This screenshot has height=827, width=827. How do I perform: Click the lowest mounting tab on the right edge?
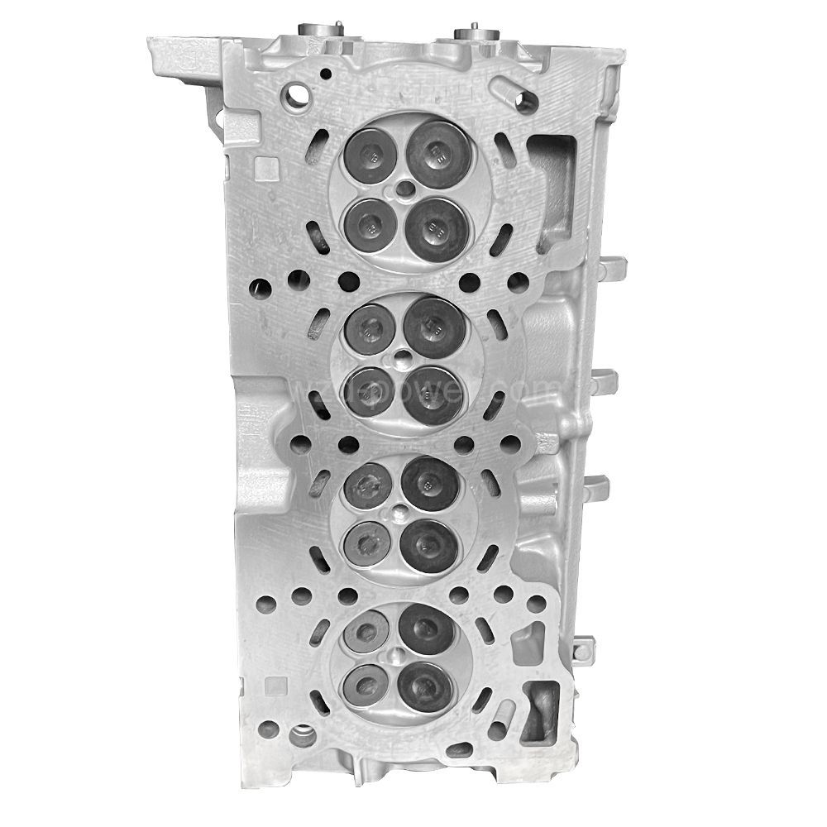click(586, 644)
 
